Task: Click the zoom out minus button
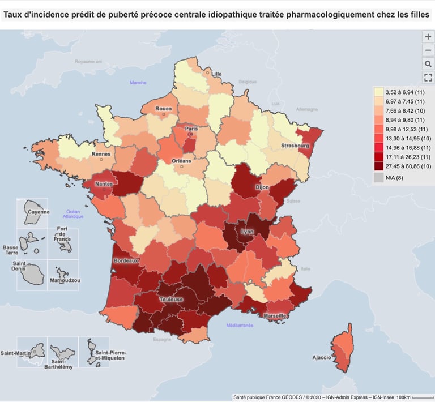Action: tap(428, 50)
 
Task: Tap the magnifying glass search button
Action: tap(428, 64)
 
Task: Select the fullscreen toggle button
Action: tap(428, 78)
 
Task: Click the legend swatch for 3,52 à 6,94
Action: tap(378, 92)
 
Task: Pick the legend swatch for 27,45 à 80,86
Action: tap(378, 166)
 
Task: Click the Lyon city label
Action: tap(246, 232)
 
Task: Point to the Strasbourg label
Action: tap(295, 146)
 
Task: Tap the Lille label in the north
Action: tap(216, 74)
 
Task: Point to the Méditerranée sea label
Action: tap(240, 326)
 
